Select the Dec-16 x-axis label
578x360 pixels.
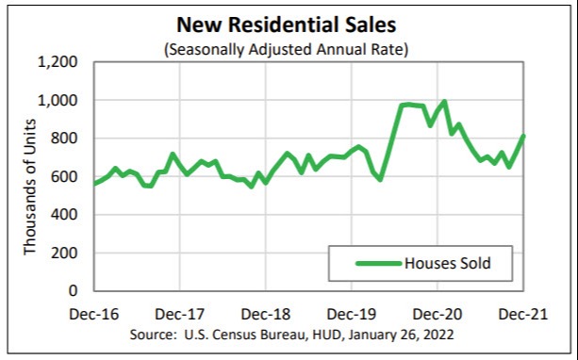point(92,313)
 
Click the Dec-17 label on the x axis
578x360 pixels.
point(178,313)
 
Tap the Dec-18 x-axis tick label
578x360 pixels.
point(265,313)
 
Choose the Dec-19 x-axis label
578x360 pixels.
point(352,313)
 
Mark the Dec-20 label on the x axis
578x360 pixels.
point(438,313)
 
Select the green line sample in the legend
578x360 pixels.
point(379,263)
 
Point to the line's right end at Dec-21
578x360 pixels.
point(524,136)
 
